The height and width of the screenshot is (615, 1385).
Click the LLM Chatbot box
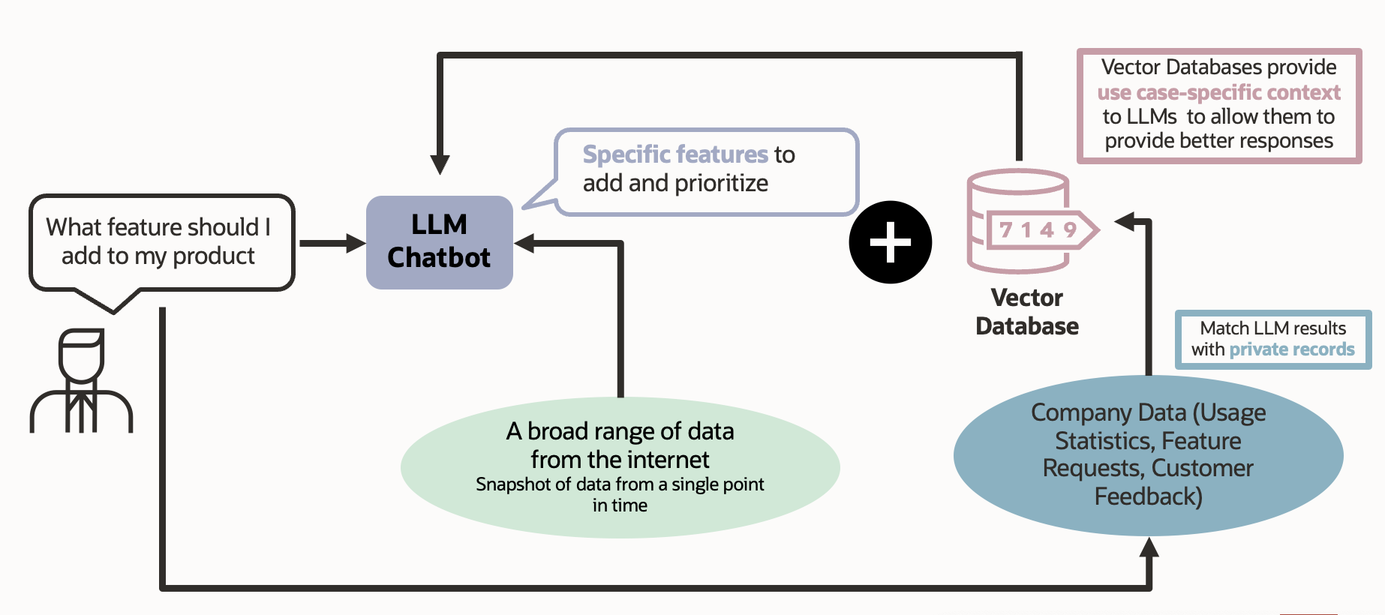[439, 241]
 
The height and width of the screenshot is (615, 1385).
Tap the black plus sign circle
[890, 242]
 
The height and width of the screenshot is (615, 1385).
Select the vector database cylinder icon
[1017, 221]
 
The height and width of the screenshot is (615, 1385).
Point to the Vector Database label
[1026, 312]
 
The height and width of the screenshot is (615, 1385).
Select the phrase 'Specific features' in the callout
[675, 154]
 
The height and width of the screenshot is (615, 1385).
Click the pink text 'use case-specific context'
[1218, 92]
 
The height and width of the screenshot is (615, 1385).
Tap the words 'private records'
[1291, 349]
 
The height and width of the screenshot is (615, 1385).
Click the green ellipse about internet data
[620, 466]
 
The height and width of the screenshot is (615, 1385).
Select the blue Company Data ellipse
[1148, 454]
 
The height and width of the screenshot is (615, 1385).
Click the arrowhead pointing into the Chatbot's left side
[356, 243]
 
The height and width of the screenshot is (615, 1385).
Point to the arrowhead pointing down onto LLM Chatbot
[440, 164]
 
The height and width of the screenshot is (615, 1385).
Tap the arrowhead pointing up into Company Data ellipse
[1149, 548]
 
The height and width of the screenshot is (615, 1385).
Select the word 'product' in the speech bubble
[214, 256]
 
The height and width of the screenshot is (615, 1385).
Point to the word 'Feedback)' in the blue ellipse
[1148, 496]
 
